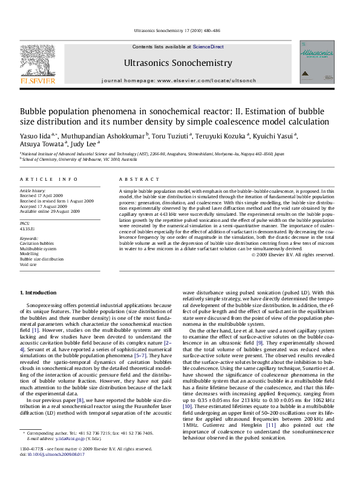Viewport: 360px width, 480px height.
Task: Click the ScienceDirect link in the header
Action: click(x=209, y=47)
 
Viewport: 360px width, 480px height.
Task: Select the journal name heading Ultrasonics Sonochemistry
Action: click(x=178, y=62)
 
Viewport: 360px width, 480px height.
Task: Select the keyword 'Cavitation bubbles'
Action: click(x=40, y=244)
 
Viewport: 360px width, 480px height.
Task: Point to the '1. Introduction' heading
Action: click(x=39, y=293)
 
